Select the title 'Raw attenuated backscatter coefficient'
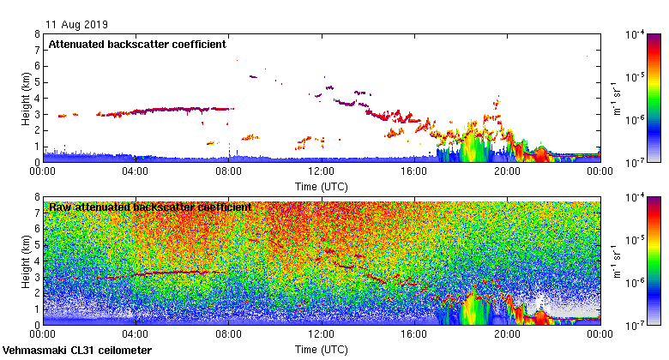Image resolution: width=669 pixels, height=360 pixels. (x=150, y=207)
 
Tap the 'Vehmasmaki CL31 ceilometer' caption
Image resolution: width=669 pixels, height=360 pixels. (x=77, y=351)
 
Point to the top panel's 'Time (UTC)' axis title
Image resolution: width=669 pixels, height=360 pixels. (x=322, y=186)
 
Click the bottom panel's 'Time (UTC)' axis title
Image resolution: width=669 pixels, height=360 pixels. (x=322, y=350)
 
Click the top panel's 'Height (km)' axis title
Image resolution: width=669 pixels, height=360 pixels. (x=27, y=98)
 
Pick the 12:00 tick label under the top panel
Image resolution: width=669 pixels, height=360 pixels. (x=322, y=171)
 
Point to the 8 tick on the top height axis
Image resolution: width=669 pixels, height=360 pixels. (x=37, y=34)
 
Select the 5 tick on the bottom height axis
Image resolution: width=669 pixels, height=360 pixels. (x=37, y=245)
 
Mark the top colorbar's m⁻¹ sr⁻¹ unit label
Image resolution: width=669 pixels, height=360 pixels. (x=616, y=98)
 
